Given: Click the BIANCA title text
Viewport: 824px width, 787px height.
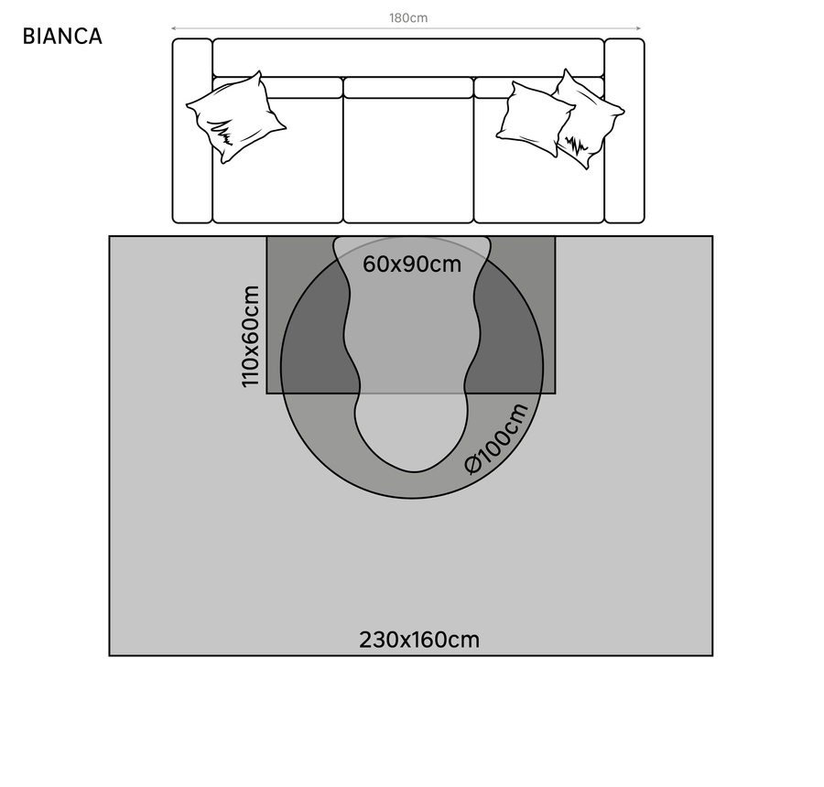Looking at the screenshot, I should [x=62, y=37].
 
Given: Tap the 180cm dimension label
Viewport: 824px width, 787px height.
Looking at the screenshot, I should [x=408, y=17].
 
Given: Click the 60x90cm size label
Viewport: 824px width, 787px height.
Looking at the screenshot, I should [x=412, y=264].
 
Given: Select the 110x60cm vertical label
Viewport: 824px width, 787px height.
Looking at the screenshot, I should [x=250, y=336].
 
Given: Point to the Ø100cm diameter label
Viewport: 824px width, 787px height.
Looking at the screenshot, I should [x=497, y=438].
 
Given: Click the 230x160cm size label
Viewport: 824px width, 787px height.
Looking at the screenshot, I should [x=419, y=640].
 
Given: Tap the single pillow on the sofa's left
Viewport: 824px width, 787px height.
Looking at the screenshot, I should [x=236, y=116].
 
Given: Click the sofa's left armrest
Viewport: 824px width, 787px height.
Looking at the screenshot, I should [x=192, y=131].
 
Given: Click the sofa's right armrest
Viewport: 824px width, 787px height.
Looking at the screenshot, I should [x=624, y=131].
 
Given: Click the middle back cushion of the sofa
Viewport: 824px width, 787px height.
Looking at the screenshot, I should [x=408, y=88].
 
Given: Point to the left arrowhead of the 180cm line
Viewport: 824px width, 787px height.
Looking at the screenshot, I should [x=175, y=28].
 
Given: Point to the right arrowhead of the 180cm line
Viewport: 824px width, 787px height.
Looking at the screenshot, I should [x=638, y=28].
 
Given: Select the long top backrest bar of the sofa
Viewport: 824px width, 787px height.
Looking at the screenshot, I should [x=408, y=58].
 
